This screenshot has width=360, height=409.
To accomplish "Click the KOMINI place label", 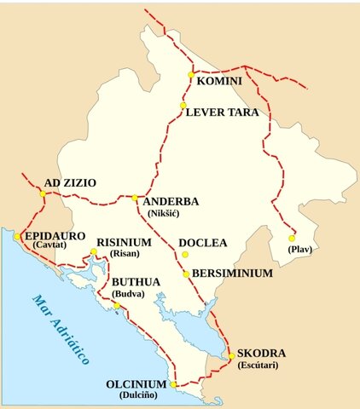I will click(219, 81).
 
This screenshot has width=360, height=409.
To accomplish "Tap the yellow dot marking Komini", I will click(191, 76).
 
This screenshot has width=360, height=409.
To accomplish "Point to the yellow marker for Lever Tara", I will click(183, 106).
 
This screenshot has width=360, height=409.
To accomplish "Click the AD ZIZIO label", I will click(70, 182).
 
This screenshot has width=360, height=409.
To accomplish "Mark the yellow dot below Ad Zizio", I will click(43, 194).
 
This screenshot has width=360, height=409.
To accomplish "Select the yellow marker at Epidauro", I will click(16, 236).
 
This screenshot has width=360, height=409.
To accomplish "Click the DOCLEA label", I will click(203, 243).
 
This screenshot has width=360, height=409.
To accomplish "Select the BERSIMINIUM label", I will click(232, 273).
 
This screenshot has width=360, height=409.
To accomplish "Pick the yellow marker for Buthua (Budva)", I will click(117, 305).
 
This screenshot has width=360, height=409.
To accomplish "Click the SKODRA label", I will click(261, 353).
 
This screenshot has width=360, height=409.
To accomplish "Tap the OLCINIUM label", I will click(136, 384).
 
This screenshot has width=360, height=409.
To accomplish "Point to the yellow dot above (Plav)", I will click(292, 238).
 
